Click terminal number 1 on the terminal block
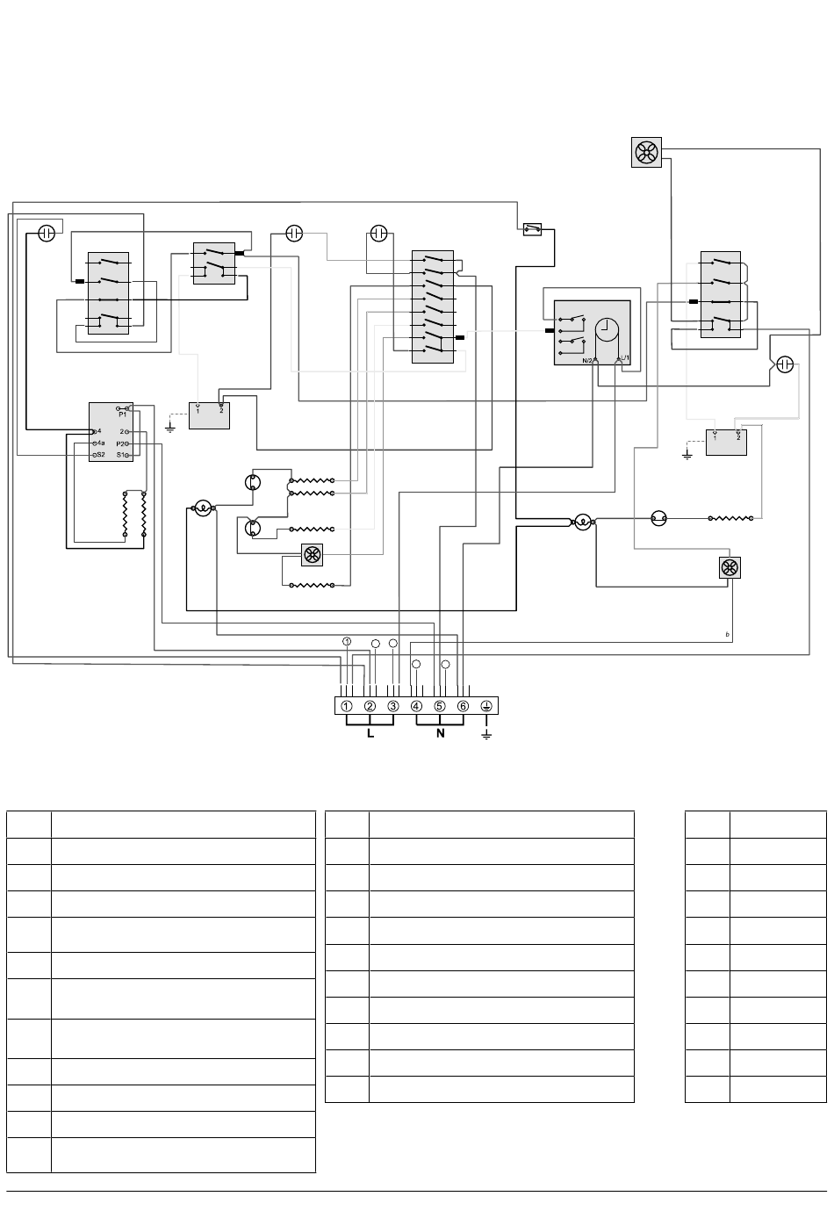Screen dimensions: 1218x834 click(x=347, y=706)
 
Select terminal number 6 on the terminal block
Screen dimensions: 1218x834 click(x=463, y=706)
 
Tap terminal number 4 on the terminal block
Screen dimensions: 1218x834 click(x=416, y=706)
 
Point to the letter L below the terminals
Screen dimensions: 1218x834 click(x=370, y=733)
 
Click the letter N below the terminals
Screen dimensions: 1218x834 click(x=440, y=733)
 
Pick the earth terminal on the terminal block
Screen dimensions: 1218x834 click(x=486, y=706)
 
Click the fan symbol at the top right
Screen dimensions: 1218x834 click(x=645, y=154)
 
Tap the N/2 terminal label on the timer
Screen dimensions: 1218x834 click(x=586, y=359)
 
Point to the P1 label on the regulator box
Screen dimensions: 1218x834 click(x=122, y=414)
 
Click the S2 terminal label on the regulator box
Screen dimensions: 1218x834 click(x=99, y=455)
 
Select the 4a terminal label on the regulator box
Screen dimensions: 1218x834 click(x=99, y=443)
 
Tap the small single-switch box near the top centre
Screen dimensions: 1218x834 click(x=530, y=229)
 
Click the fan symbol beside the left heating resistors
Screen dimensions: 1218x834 click(x=312, y=555)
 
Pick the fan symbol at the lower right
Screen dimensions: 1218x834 click(x=729, y=568)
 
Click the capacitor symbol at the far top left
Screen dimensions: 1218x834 click(x=47, y=233)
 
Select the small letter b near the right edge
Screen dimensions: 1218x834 click(x=727, y=634)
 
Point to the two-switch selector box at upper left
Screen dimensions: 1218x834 click(x=212, y=263)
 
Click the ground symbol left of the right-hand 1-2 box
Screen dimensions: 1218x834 click(x=687, y=453)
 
